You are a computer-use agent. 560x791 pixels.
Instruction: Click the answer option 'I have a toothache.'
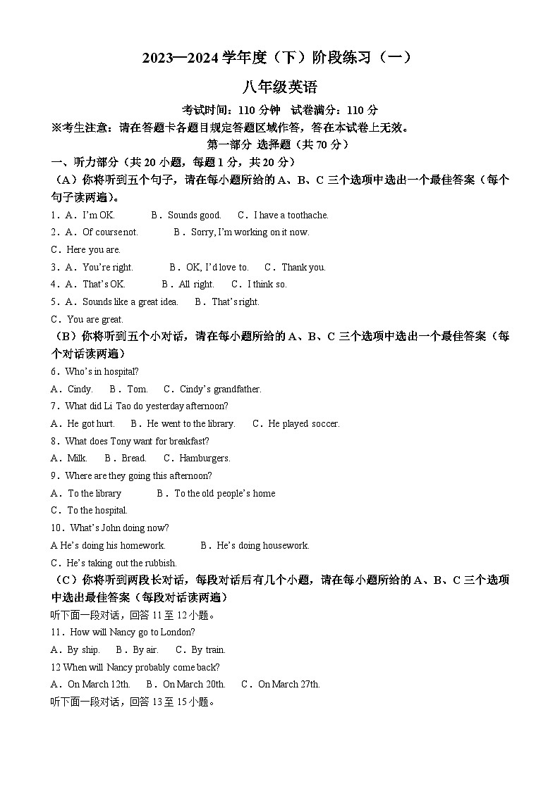[x=291, y=215]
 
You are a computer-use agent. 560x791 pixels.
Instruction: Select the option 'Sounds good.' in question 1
[x=194, y=215]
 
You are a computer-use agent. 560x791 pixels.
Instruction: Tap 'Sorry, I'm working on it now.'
[x=250, y=232]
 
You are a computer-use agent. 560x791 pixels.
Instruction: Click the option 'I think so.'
[x=267, y=285]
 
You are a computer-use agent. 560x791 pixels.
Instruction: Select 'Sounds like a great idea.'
[x=130, y=301]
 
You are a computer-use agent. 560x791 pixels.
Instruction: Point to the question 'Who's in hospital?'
[x=102, y=371]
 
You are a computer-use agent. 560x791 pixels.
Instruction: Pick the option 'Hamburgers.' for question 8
[x=205, y=459]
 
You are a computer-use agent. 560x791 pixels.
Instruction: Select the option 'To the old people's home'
[x=224, y=493]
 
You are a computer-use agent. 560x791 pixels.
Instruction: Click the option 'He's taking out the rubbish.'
[x=121, y=563]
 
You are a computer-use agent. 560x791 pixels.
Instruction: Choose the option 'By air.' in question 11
[x=145, y=649]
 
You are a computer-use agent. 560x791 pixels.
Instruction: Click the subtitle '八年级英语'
[x=280, y=87]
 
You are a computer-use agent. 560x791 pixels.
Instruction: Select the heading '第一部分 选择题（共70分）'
[x=280, y=144]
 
